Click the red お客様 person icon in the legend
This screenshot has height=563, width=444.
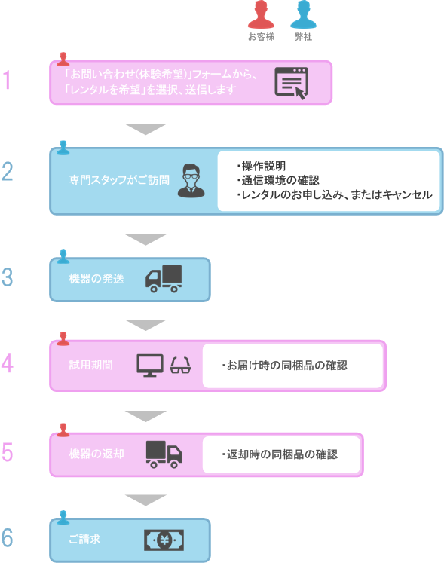(x=261, y=15)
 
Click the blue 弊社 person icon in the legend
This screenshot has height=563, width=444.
(x=303, y=15)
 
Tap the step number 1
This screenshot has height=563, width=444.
(x=8, y=80)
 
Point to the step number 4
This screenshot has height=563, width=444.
(x=8, y=364)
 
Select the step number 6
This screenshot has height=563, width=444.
(x=8, y=538)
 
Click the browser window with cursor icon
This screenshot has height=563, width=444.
(x=292, y=83)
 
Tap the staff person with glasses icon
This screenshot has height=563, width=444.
(x=191, y=181)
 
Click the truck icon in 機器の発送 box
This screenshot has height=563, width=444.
(x=164, y=279)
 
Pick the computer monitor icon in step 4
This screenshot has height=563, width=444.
(x=150, y=365)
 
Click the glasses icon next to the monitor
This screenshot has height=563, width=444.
(x=181, y=366)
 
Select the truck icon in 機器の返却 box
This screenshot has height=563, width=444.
(x=164, y=453)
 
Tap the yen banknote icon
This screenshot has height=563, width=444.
(x=164, y=540)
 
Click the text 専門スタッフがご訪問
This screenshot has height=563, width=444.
(x=118, y=181)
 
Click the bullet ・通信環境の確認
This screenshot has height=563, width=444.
(x=277, y=180)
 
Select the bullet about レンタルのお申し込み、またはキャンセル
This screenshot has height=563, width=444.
(x=333, y=194)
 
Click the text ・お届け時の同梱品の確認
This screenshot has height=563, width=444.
(x=284, y=366)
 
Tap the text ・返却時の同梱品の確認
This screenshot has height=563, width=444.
(x=279, y=454)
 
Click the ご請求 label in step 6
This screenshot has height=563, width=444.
(x=84, y=540)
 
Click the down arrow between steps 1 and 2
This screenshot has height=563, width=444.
(x=145, y=129)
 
